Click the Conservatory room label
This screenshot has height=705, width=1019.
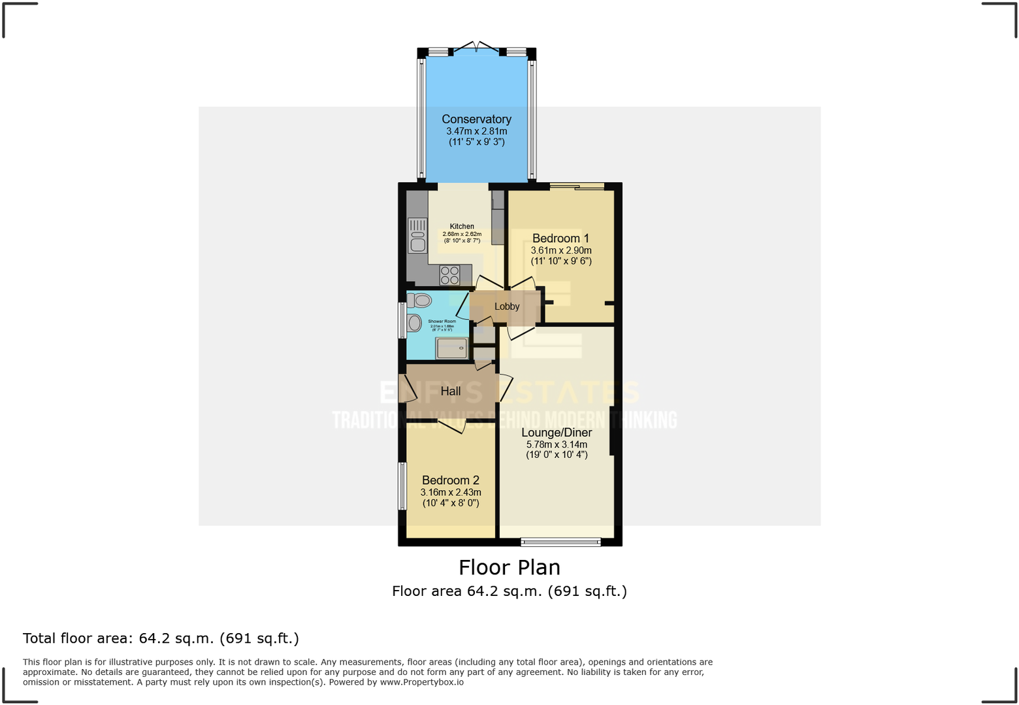[476, 119]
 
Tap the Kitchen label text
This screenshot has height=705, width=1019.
[462, 226]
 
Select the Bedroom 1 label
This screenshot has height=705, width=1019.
[560, 238]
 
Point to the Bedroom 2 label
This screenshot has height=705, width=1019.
[450, 480]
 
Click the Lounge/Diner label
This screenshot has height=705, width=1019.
[557, 433]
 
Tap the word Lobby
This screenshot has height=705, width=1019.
[507, 306]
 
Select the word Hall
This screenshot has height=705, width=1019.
[450, 391]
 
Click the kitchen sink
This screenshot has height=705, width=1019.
[417, 235]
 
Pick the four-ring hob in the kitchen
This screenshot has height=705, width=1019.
[449, 275]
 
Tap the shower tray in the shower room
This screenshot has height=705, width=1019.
[451, 348]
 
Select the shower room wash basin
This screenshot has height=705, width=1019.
[414, 323]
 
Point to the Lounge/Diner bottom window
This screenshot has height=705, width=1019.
[560, 542]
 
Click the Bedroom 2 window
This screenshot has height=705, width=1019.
[402, 486]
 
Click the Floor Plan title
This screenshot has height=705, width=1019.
[509, 567]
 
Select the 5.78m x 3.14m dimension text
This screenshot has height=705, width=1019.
[557, 444]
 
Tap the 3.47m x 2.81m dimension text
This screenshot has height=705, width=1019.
[476, 131]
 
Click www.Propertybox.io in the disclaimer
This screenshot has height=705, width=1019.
[422, 682]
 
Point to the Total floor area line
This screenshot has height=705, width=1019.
[161, 638]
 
